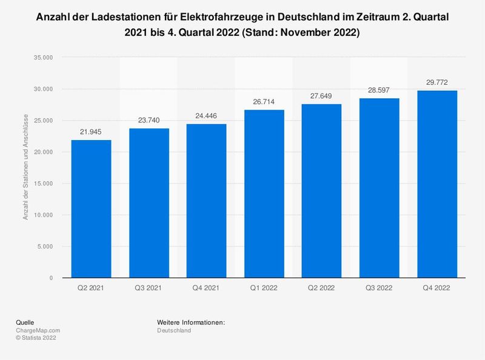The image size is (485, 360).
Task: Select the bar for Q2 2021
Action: pyautogui.click(x=91, y=209)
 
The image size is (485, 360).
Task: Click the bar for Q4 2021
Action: pyautogui.click(x=206, y=201)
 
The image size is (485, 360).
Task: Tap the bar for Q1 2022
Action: pyautogui.click(x=264, y=194)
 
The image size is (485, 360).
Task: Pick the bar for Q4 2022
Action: pyautogui.click(x=437, y=184)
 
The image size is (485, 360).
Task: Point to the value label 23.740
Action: pyautogui.click(x=149, y=121)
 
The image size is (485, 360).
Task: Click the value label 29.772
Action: pyautogui.click(x=437, y=82)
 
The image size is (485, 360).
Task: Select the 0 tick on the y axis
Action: pyautogui.click(x=51, y=278)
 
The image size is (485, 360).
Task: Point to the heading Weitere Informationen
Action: pyautogui.click(x=191, y=322)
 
